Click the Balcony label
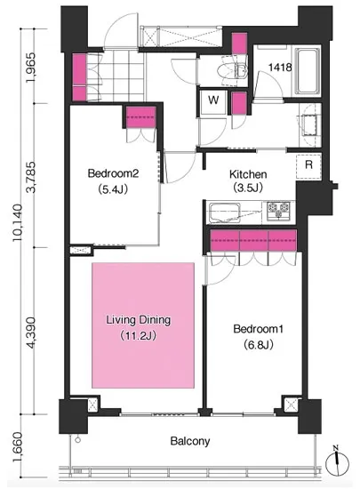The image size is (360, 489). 190,441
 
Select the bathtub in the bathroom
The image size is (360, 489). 308,71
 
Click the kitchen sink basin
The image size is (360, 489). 224,213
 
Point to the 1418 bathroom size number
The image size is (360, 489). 280,68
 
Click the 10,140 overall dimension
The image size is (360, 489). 18,222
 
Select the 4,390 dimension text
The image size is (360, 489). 32,333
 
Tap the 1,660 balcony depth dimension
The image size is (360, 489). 18,447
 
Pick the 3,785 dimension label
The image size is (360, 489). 32,177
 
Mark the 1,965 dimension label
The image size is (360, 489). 32,68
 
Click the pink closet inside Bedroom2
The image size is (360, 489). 140,117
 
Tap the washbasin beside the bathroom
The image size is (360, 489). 310,124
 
